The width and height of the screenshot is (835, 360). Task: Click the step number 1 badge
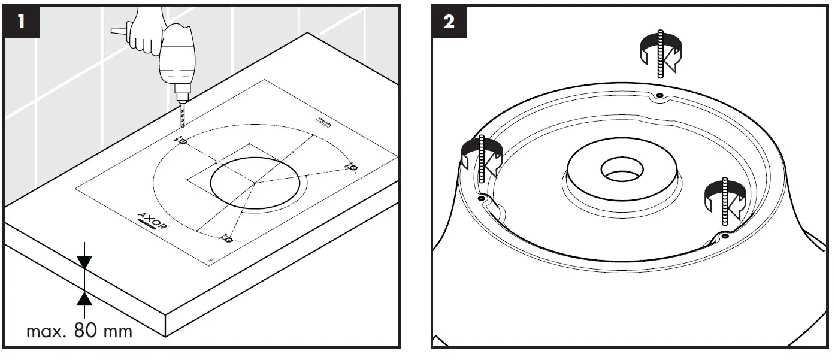(22, 23)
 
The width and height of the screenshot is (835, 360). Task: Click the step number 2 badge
(449, 23)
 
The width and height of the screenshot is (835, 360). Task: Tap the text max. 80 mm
(79, 331)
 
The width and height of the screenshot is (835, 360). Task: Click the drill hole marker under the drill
(183, 141)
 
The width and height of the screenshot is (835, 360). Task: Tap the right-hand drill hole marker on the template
(353, 167)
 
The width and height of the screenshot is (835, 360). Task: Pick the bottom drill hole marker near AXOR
(228, 240)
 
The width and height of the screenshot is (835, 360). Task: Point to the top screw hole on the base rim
(659, 96)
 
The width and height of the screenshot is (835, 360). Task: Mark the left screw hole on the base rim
(480, 198)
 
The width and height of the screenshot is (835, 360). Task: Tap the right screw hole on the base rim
(725, 237)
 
